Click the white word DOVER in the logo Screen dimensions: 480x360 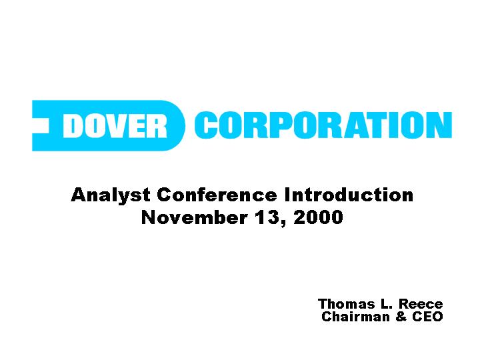(115, 126)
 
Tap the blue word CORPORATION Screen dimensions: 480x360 (323, 125)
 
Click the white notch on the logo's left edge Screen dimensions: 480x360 (41, 126)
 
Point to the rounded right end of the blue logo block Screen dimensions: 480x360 (177, 125)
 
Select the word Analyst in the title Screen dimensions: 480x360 (111, 195)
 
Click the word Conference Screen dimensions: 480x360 (217, 195)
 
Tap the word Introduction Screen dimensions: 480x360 (349, 195)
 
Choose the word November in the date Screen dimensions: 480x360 (195, 217)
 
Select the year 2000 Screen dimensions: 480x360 (318, 217)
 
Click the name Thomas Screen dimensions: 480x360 (347, 304)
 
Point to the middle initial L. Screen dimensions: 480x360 (384, 304)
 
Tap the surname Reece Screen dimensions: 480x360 (421, 304)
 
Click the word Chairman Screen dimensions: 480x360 (356, 317)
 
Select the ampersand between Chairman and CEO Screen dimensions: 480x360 (401, 317)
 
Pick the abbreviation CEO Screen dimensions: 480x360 (427, 317)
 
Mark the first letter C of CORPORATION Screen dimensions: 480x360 (206, 125)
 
